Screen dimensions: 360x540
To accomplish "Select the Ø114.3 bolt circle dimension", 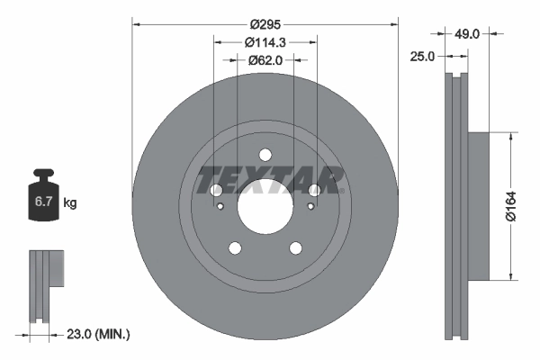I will (x=265, y=41).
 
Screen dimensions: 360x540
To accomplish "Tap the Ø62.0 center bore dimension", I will (x=265, y=60).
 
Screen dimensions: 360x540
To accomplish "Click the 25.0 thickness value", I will (x=422, y=56).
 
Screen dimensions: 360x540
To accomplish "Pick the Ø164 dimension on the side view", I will (x=509, y=205).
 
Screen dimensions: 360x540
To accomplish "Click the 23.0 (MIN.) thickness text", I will (x=96, y=334).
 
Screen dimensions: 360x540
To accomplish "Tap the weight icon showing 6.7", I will (x=42, y=200).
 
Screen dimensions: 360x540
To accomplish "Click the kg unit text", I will (x=69, y=203).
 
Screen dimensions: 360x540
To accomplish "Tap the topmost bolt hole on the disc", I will (x=265, y=154).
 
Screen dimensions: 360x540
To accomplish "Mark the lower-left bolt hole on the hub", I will (x=234, y=248).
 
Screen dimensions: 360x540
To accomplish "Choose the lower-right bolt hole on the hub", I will (x=295, y=248).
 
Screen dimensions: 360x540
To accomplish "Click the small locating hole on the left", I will (x=221, y=207).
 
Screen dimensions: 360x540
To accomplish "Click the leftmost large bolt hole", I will (x=215, y=191).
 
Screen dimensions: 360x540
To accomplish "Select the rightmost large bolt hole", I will (x=314, y=191).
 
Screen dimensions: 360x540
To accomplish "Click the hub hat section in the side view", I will (x=477, y=205).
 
